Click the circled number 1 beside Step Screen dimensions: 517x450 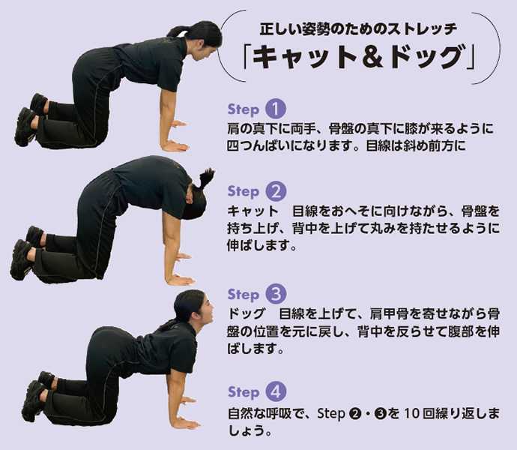275,109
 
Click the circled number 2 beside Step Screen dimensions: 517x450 275,191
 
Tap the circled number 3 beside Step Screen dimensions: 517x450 276,294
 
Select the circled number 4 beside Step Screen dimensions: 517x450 276,391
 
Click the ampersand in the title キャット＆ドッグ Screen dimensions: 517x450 369,57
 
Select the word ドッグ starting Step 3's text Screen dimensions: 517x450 247,313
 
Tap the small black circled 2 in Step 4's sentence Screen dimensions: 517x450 354,414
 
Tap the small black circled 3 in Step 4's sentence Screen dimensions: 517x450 380,414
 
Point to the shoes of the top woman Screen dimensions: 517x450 30,119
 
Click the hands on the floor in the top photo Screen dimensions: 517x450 176,136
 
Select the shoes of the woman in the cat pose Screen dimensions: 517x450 25,253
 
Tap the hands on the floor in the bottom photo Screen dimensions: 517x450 184,412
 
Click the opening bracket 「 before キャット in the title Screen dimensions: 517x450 247,57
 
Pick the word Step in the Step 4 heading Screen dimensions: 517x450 244,392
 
